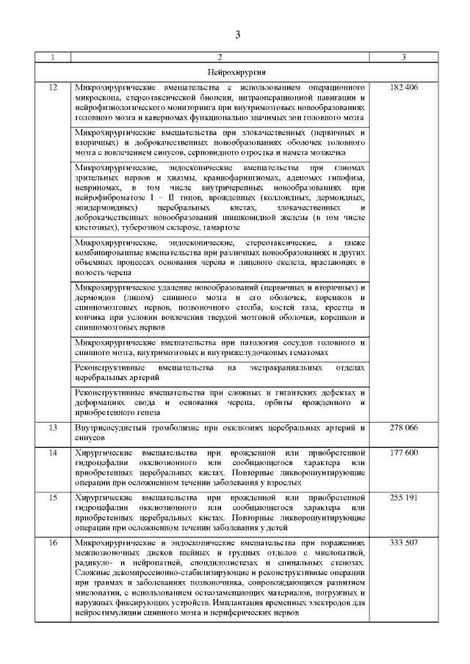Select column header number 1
[x=52, y=57]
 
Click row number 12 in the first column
[x=52, y=88]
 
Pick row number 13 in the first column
[x=52, y=427]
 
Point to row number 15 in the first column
[x=52, y=497]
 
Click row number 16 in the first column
[x=52, y=542]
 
